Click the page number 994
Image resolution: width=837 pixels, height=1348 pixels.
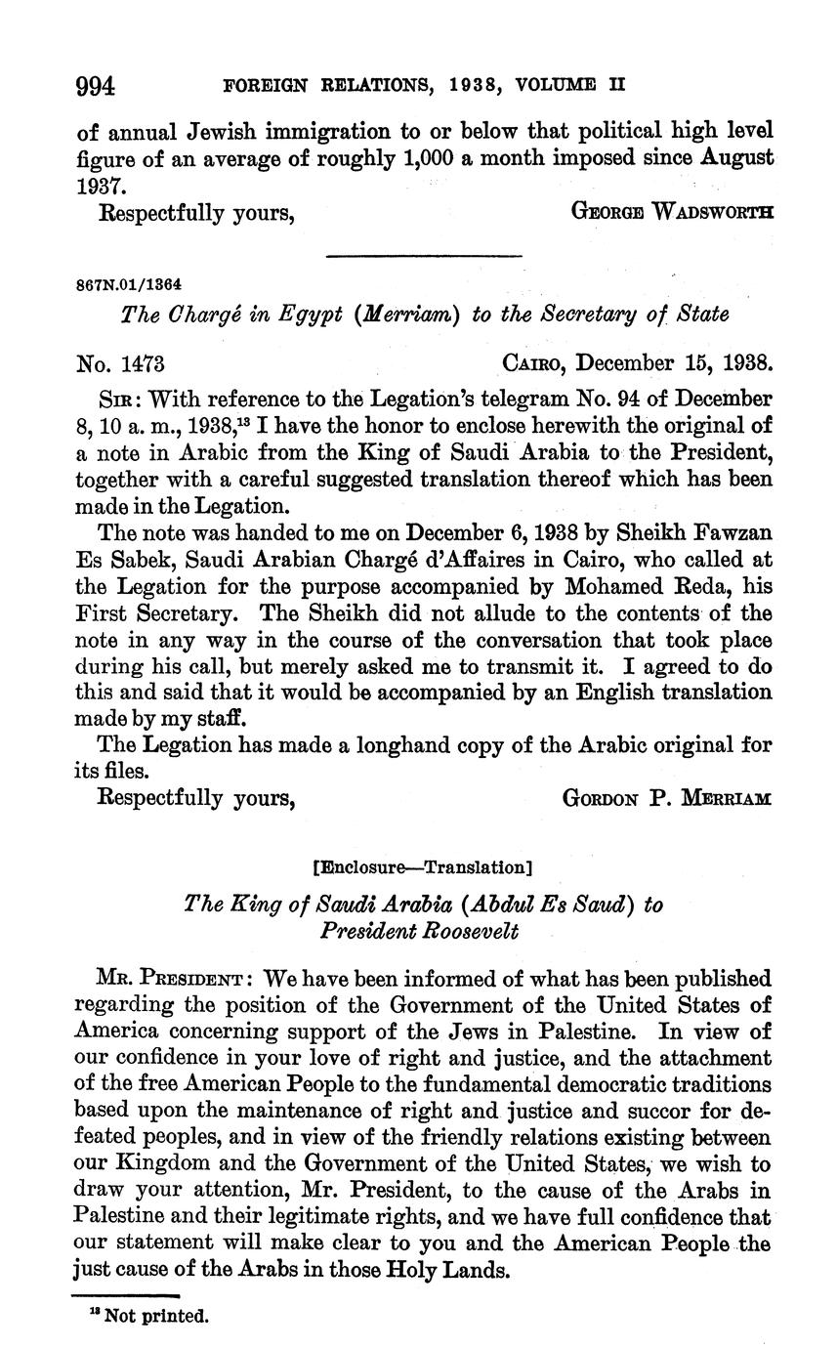click(x=96, y=86)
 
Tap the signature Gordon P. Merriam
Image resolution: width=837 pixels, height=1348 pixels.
click(x=667, y=798)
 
